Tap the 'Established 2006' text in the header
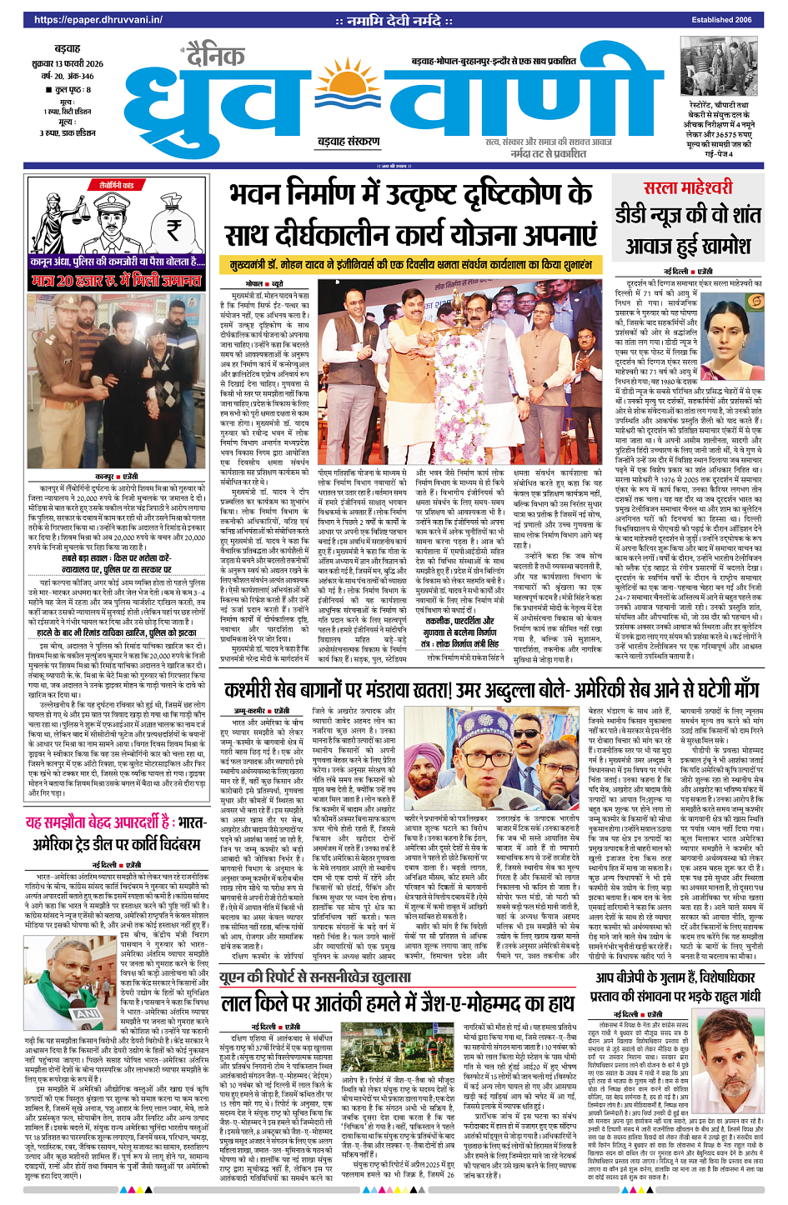[721, 20]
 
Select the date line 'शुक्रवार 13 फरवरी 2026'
[73, 63]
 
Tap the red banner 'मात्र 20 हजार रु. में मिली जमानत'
[117, 281]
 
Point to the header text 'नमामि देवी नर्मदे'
[394, 20]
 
